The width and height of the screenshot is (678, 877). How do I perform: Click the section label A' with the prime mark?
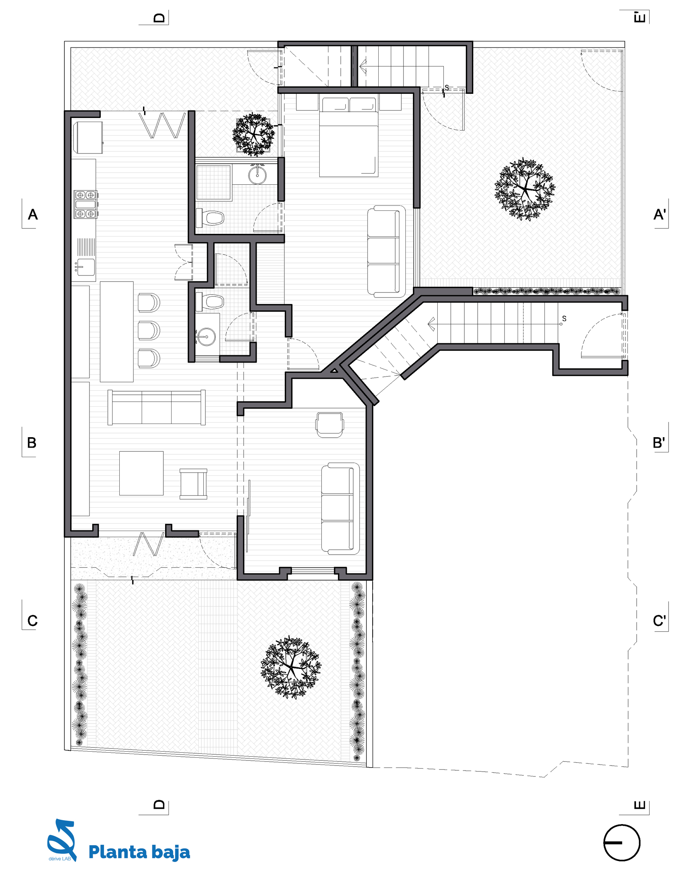coord(659,214)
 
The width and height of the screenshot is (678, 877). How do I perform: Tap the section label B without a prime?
coord(32,443)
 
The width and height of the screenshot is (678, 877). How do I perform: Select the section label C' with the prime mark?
coord(659,620)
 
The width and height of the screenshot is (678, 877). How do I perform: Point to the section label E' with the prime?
coord(639,18)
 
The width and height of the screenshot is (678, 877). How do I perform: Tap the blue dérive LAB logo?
coord(62,840)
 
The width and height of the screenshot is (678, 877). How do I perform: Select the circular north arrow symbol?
coord(622,843)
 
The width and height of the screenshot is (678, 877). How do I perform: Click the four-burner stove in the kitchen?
coord(85,204)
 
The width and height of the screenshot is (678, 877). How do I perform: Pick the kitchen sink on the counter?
coord(85,267)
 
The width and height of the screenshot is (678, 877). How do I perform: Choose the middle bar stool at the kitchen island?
coord(148,330)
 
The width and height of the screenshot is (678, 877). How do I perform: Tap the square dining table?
coord(141,473)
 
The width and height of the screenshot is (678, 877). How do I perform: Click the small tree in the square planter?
coord(254,135)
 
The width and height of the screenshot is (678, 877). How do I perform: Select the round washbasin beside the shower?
coord(257,174)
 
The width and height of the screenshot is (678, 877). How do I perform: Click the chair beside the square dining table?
coord(193,484)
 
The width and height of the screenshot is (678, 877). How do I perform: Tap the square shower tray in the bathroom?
coord(213,182)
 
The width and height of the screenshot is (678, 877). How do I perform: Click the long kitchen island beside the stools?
coord(117,331)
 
